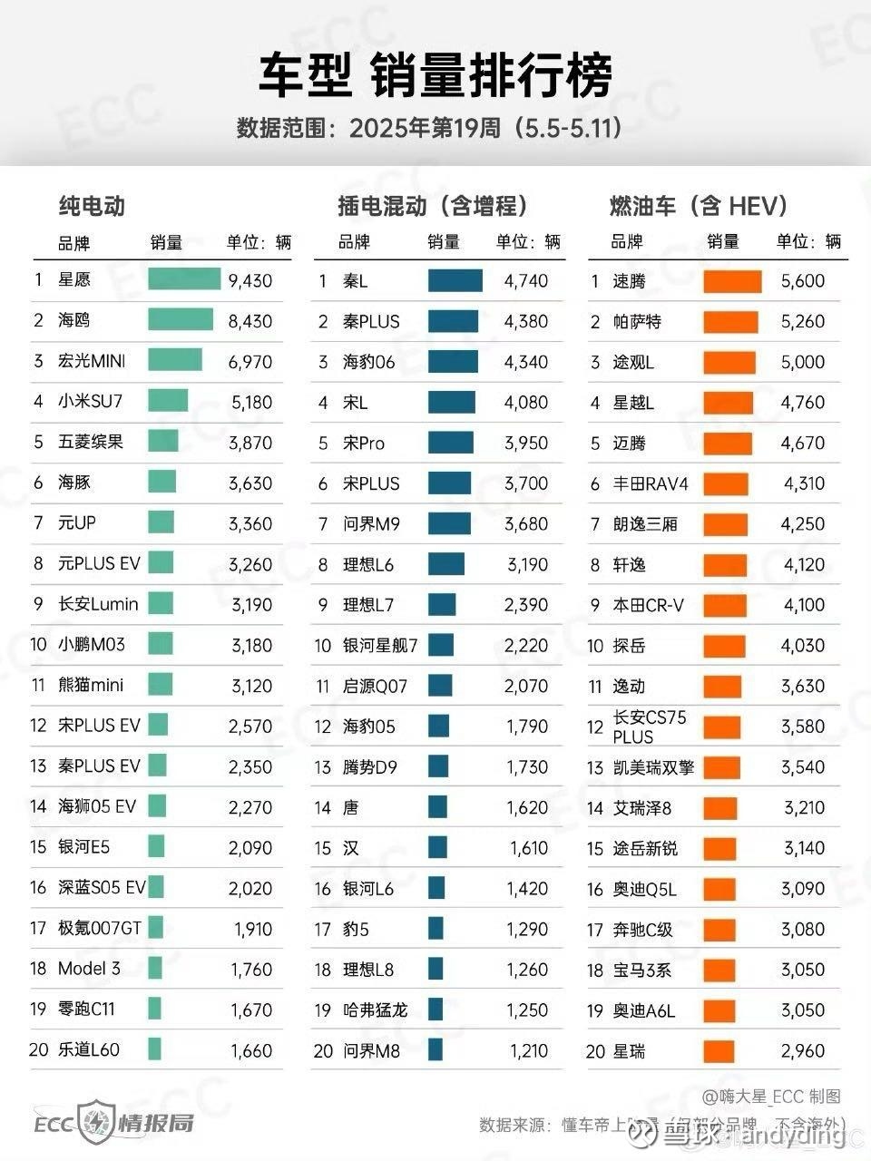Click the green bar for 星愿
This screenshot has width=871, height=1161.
184,279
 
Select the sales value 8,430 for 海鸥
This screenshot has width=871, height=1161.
250,321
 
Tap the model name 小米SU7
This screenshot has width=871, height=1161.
92,401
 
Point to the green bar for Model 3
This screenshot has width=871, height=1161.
155,968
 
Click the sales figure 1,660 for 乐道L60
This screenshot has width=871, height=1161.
250,1050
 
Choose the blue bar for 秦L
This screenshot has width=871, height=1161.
455,280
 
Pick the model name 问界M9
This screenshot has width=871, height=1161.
370,524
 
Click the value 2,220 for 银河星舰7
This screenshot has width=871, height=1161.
526,646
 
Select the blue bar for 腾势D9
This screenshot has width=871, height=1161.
438,766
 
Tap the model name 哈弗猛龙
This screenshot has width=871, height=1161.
375,1010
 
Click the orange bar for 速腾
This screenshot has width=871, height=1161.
732,281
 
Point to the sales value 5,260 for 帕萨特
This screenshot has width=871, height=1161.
803,322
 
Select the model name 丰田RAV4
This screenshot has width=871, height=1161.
651,483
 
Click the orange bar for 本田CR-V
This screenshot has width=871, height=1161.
724,605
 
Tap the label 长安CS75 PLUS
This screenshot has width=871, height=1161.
649,727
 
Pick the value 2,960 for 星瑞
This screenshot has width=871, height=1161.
803,1051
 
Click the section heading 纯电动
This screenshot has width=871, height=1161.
92,207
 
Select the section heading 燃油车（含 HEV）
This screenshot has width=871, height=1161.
698,207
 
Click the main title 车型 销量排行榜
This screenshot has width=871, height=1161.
435,74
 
